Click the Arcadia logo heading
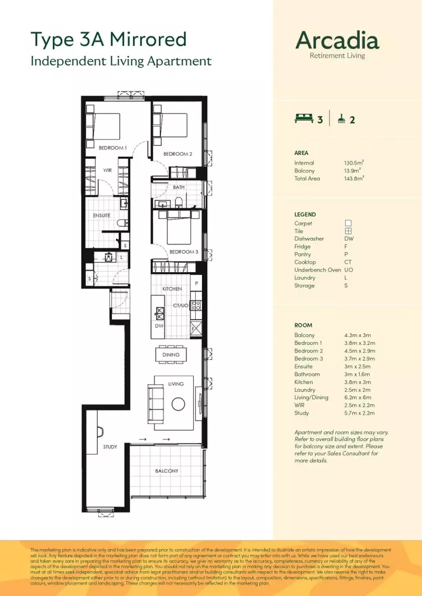point(337,40)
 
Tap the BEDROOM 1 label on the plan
point(113,148)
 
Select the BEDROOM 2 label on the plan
point(178,154)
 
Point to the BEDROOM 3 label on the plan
point(183,252)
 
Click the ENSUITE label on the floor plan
point(102,215)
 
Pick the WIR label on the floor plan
point(108,171)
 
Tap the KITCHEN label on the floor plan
point(172,289)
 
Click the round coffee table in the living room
point(178,404)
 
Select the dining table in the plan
point(171,355)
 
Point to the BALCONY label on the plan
point(166,471)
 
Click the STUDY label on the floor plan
point(110,447)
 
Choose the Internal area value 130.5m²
point(354,163)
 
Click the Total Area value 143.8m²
point(354,178)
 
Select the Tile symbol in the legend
point(348,231)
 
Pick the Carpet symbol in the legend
point(348,223)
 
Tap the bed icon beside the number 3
point(303,118)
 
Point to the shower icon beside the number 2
point(342,118)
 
